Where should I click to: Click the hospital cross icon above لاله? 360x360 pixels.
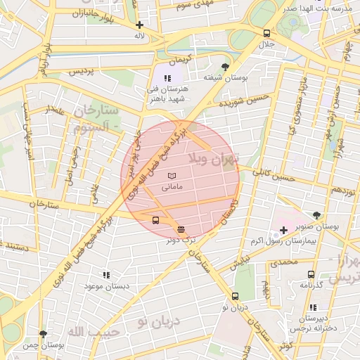point(140,25)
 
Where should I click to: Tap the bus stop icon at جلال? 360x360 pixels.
point(266,33)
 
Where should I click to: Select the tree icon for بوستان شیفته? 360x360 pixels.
point(224,66)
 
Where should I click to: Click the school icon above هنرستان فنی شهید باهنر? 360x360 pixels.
point(167,78)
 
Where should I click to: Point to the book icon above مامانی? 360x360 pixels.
point(173,174)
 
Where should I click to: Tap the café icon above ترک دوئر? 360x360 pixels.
point(181,229)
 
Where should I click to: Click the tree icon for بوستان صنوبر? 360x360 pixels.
point(316,216)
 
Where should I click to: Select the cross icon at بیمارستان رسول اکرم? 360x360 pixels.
point(283,230)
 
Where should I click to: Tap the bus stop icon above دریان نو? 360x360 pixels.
point(235,296)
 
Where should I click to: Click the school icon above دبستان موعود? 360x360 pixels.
point(106,275)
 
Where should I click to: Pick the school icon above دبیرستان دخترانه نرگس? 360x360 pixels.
point(312,307)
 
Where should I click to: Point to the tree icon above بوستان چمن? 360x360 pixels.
point(43,335)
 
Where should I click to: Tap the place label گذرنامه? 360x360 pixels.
point(311,285)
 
